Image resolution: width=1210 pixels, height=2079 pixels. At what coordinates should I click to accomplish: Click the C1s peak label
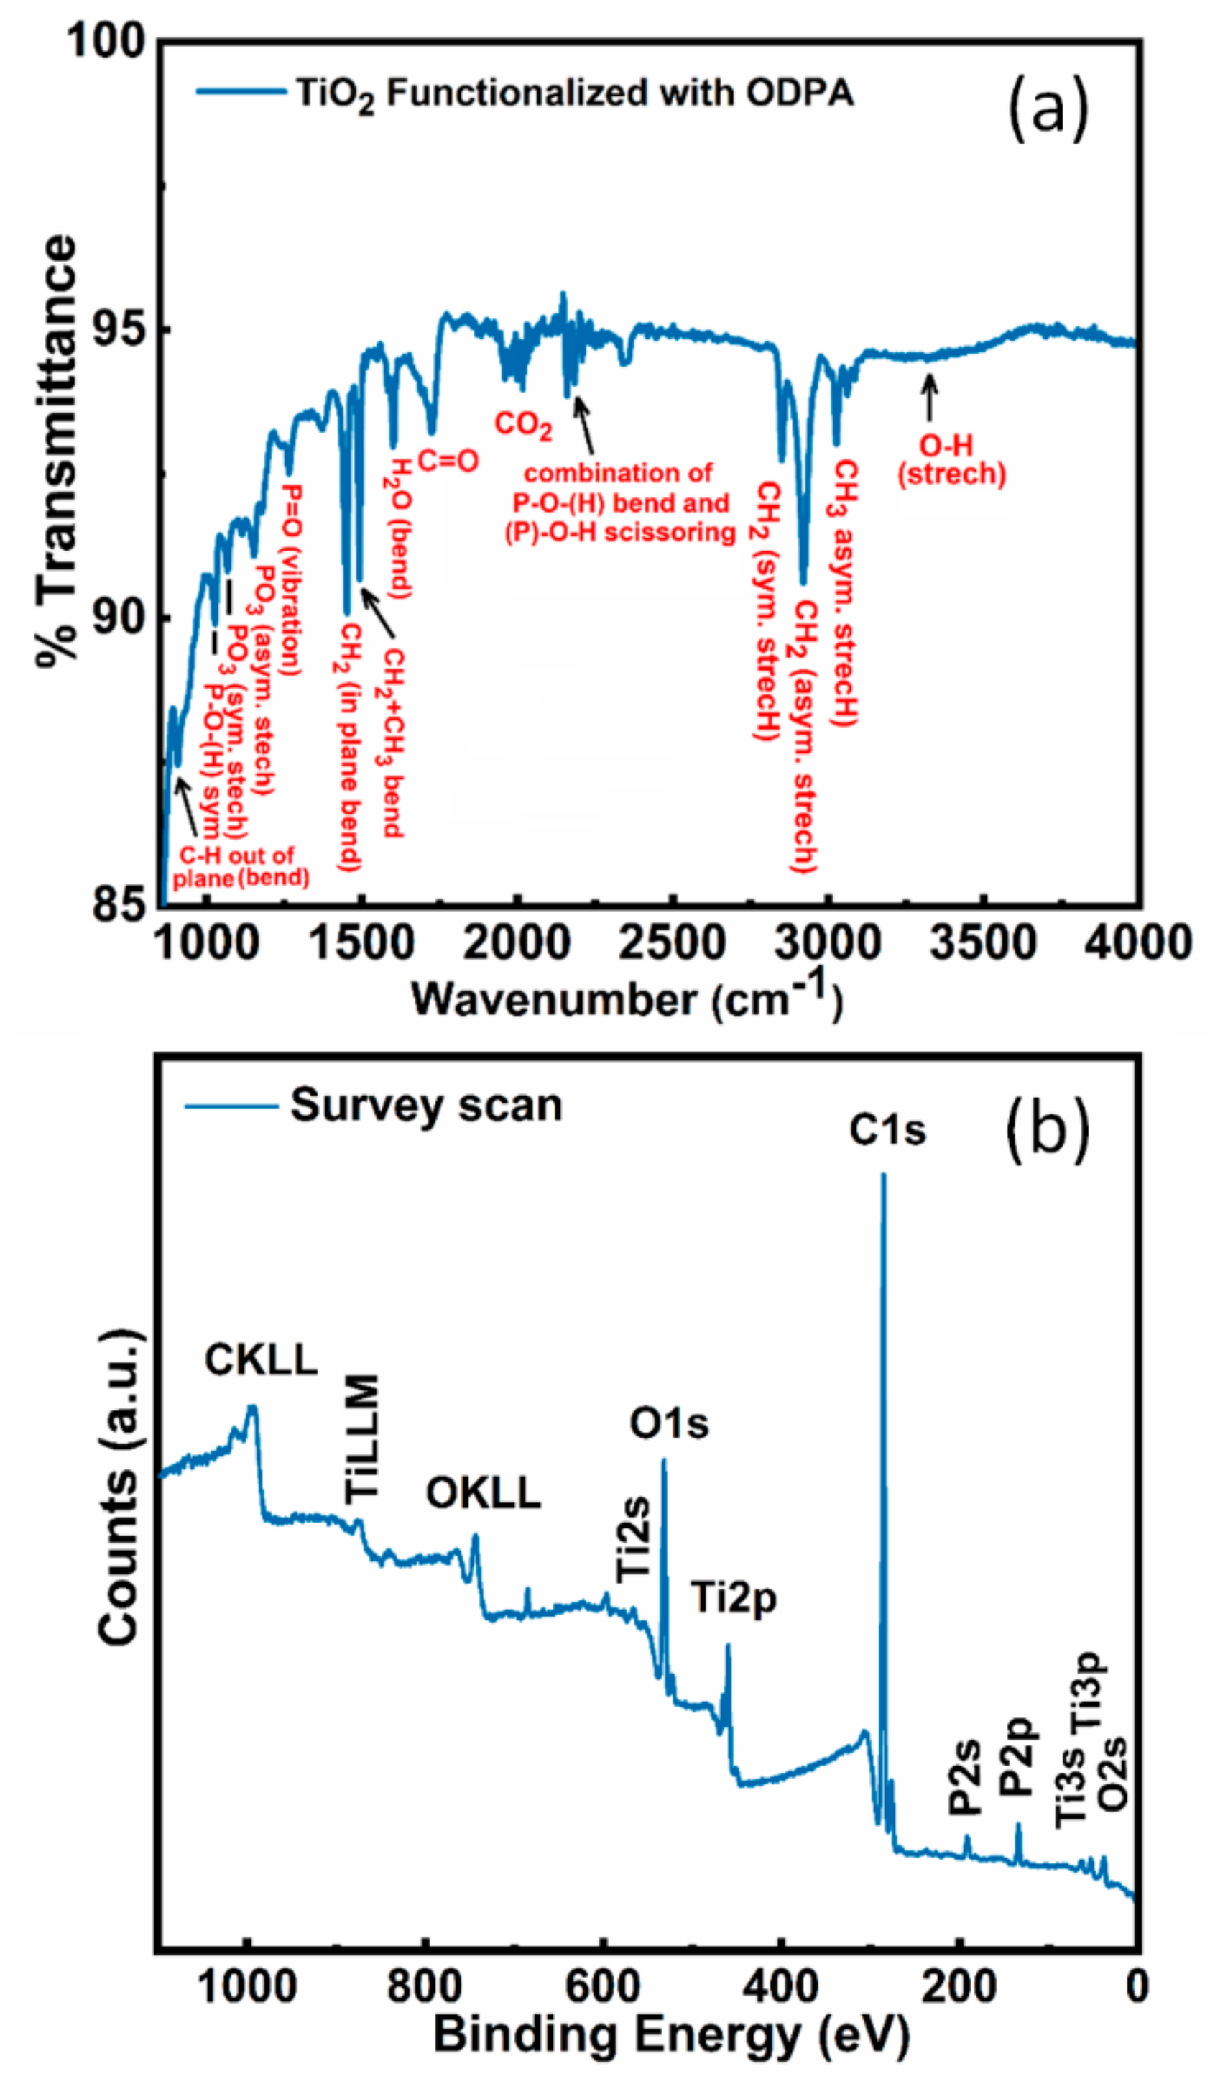(887, 1130)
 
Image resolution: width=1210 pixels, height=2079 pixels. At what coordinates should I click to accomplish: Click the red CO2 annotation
(523, 425)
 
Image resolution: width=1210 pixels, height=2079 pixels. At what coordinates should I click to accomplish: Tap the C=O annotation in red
(447, 460)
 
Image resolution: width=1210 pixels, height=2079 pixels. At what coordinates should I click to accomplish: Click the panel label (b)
(1047, 1129)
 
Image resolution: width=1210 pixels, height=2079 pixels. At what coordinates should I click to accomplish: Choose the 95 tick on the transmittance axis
(114, 329)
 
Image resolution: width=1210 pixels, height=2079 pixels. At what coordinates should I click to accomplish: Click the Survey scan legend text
(425, 1106)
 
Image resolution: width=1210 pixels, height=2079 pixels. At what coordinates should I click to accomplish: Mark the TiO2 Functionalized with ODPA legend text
(575, 93)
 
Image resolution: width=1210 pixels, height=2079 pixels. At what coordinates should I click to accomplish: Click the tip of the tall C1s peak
(883, 1175)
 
